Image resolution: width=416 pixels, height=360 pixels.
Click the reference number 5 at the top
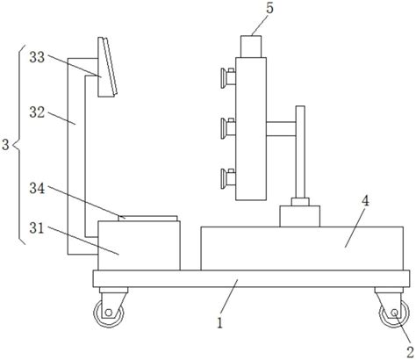tap(269, 8)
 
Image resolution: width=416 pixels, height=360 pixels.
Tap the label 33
tap(37, 57)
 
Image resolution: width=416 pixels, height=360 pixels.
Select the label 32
tap(37, 112)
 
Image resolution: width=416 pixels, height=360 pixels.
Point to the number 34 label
tap(37, 189)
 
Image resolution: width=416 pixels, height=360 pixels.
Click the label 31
tap(37, 228)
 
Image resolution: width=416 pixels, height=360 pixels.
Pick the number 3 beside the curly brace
tap(5, 145)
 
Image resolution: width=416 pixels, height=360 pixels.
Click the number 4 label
tap(365, 201)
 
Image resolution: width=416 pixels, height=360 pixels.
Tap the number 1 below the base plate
tap(219, 323)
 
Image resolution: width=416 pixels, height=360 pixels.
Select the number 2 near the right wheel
tap(409, 352)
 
